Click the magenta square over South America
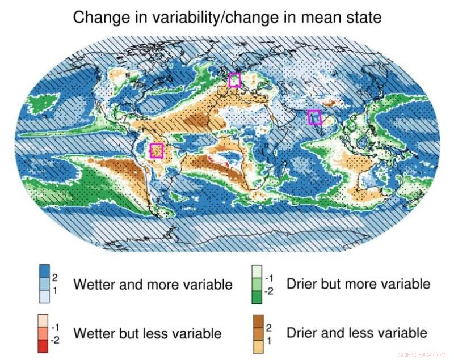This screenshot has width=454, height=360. click(x=156, y=151)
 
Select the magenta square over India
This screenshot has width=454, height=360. click(x=314, y=117)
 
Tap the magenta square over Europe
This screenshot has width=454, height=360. click(x=234, y=80)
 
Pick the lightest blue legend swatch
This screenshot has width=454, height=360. click(x=43, y=296)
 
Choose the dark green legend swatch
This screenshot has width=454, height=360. click(x=258, y=296)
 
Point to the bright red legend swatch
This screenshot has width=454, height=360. click(x=43, y=345)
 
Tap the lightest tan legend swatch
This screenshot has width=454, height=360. click(x=258, y=345)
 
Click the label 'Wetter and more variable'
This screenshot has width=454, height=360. click(x=153, y=284)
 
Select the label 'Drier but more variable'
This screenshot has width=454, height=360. click(x=359, y=283)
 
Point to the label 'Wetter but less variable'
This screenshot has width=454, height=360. click(x=148, y=333)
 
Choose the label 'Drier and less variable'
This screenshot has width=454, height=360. click(x=357, y=332)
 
